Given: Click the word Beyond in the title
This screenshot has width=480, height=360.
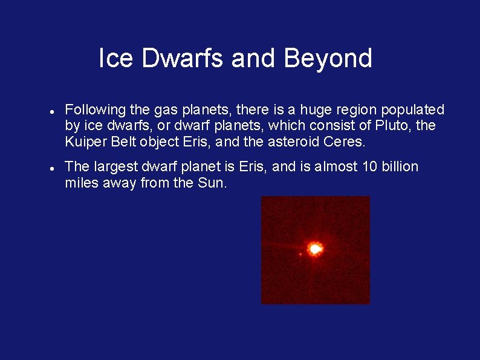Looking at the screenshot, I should tap(328, 59).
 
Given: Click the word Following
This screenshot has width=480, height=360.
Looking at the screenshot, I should tap(96, 110).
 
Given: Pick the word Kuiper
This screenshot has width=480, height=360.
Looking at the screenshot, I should tap(84, 142).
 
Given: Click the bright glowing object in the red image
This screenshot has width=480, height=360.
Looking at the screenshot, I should tap(315, 249).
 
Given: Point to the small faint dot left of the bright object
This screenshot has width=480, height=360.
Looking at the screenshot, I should tap(300, 254).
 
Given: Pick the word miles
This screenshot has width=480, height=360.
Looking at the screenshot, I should tap(82, 183).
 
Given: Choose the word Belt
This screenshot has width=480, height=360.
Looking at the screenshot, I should tap(123, 142).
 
